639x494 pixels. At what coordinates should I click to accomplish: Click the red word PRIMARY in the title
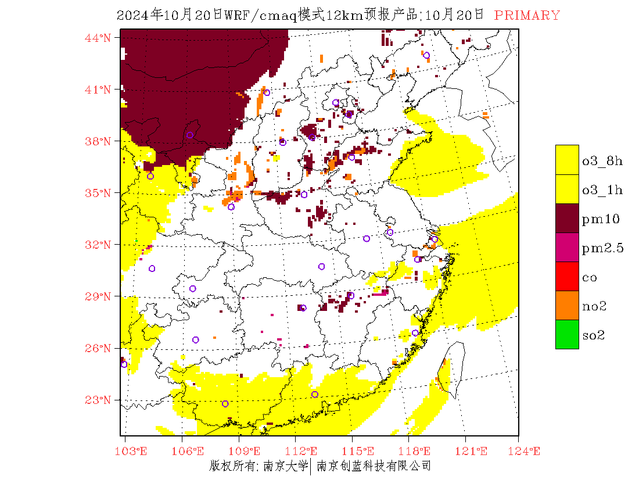(x=527, y=16)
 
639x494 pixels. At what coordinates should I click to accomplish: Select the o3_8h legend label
(x=602, y=161)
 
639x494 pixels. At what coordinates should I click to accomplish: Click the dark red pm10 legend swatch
(x=567, y=218)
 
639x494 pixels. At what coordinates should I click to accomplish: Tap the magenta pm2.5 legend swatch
(x=567, y=247)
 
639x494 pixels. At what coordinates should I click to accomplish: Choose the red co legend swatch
(x=567, y=276)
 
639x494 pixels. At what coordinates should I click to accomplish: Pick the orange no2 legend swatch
(x=567, y=305)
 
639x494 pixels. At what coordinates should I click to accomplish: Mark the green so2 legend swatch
(x=567, y=334)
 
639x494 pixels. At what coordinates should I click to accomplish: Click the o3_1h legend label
(x=602, y=190)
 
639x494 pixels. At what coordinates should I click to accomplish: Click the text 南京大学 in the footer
(x=285, y=466)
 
